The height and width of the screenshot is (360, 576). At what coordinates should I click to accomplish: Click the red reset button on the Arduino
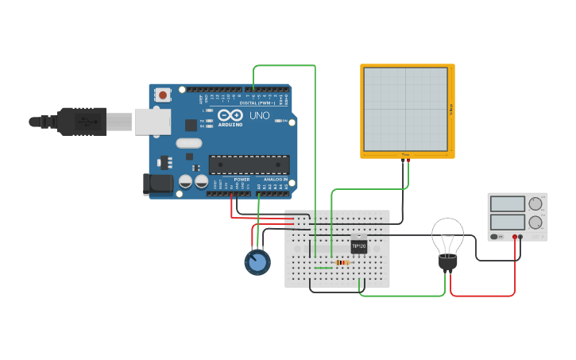tap(163, 95)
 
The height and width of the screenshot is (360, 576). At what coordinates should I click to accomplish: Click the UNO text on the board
tap(260, 116)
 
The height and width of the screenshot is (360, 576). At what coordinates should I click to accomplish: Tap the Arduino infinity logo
tap(230, 115)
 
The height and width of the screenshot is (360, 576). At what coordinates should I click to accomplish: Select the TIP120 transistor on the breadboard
tap(359, 246)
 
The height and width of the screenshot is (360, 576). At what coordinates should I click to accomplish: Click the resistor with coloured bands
tap(342, 262)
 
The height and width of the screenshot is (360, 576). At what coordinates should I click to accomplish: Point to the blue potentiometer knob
tap(257, 262)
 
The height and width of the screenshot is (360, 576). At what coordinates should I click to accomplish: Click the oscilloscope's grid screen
tap(406, 108)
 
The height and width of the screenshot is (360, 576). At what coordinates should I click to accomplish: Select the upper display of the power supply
tap(507, 204)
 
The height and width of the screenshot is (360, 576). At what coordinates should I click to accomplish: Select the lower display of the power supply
tap(507, 223)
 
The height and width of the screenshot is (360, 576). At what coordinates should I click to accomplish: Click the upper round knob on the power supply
tap(535, 203)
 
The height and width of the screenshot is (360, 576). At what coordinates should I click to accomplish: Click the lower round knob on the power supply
tap(535, 223)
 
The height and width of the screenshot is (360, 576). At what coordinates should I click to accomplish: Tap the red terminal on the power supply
tap(515, 237)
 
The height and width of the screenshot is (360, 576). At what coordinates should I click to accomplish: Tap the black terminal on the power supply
tap(521, 237)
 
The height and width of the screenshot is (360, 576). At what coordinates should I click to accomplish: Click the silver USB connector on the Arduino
tap(152, 122)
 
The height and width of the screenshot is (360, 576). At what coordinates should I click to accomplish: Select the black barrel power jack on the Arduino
tap(157, 184)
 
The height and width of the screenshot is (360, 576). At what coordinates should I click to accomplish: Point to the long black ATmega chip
tap(248, 165)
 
